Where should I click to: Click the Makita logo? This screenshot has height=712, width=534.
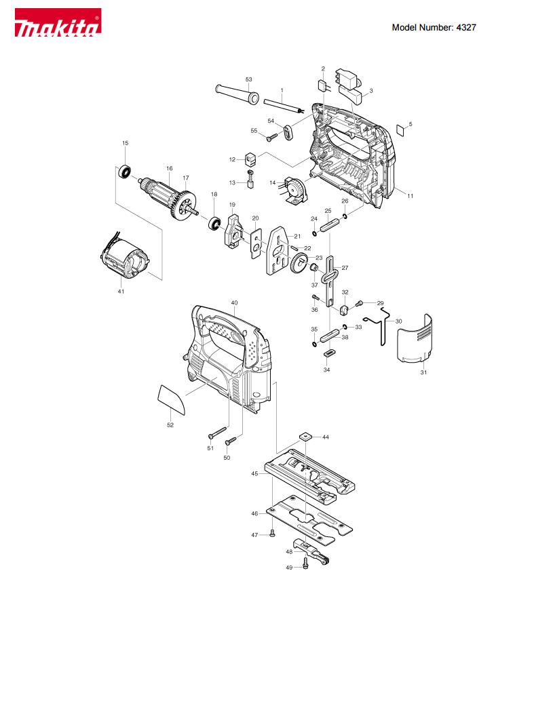58,22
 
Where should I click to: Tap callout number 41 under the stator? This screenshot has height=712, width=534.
121,291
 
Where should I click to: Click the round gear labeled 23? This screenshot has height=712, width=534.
298,263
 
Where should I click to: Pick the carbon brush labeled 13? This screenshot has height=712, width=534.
250,178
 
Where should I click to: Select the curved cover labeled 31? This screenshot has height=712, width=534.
415,340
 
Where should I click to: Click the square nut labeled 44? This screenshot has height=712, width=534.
305,437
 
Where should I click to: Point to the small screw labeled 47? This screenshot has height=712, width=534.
273,532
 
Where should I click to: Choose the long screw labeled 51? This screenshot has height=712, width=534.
217,433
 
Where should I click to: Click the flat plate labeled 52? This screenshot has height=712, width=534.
171,399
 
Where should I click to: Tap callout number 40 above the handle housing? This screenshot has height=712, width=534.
235,303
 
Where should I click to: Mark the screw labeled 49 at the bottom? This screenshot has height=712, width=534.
305,563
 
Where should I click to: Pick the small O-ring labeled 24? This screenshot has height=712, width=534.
314,233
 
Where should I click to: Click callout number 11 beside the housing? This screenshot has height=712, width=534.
411,196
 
